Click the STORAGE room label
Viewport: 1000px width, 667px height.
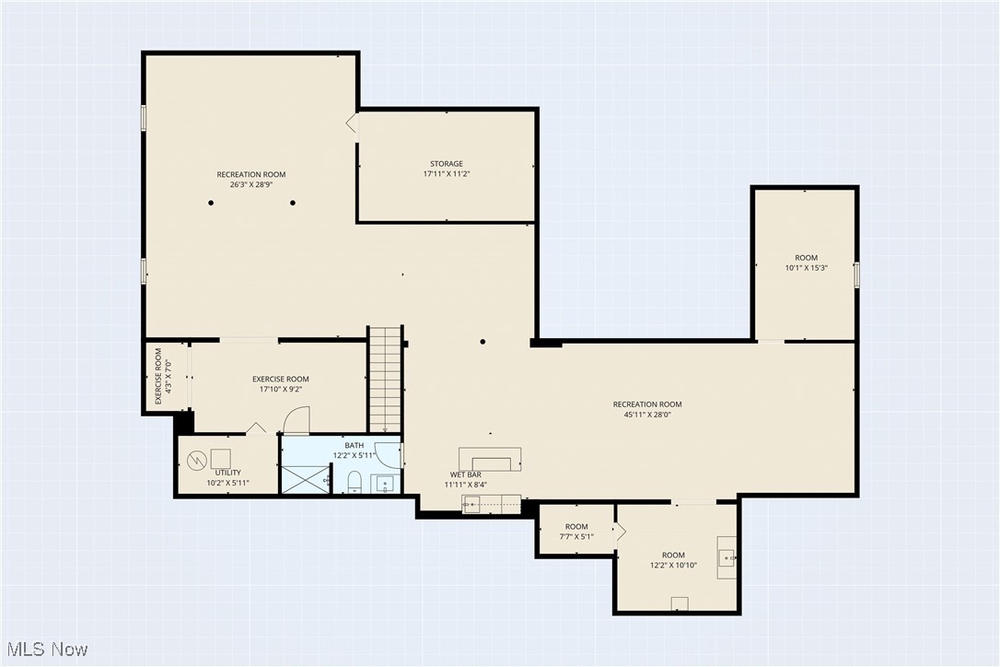pyautogui.click(x=447, y=164)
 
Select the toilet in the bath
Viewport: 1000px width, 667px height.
pyautogui.click(x=355, y=482)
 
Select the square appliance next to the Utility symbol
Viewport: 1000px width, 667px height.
pyautogui.click(x=221, y=458)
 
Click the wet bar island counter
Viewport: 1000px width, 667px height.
pyautogui.click(x=491, y=459)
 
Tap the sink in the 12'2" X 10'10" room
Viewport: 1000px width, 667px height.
pyautogui.click(x=727, y=556)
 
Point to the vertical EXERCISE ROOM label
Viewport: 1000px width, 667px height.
pyautogui.click(x=158, y=376)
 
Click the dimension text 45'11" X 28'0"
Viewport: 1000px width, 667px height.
pyautogui.click(x=647, y=415)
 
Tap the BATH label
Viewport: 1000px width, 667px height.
pyautogui.click(x=355, y=445)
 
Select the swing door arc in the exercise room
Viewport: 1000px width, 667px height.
pyautogui.click(x=296, y=421)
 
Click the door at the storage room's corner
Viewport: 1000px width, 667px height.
pyautogui.click(x=352, y=124)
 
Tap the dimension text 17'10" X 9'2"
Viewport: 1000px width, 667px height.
pyautogui.click(x=281, y=389)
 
